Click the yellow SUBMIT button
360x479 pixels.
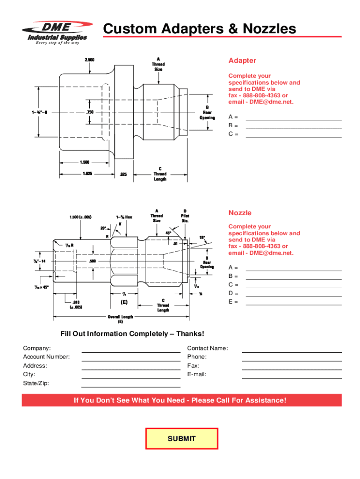point(181,439)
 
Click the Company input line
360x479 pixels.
point(131,349)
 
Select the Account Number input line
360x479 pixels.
point(131,358)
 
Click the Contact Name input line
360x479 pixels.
point(291,349)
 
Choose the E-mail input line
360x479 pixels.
point(291,375)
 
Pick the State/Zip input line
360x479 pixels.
point(131,384)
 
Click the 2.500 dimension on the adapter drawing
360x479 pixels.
point(89,60)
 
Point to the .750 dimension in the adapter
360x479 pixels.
point(90,112)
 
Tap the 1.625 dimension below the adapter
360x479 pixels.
point(86,174)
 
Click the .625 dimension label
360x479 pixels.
point(123,174)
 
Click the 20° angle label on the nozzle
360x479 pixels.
point(103,228)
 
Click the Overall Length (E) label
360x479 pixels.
point(120,319)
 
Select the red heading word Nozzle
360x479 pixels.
point(240,213)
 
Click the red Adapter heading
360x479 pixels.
point(242,61)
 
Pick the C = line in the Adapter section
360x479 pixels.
point(294,134)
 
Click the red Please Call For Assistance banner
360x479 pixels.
point(181,400)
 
